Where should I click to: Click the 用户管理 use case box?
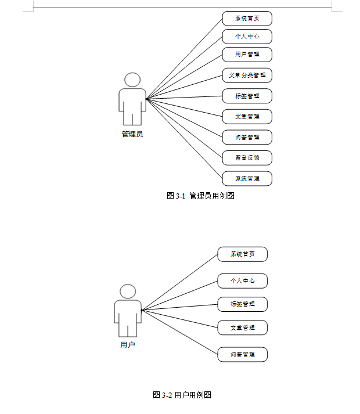(247, 55)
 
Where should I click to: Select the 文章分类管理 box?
(247, 75)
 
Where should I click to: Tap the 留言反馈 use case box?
(247, 157)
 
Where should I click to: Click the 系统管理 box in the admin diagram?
(247, 178)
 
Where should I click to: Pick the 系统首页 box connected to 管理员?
(247, 19)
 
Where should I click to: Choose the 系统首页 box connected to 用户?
(242, 254)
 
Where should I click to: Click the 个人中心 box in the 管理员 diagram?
(247, 37)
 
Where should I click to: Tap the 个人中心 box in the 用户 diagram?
(242, 281)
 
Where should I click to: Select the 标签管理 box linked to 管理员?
(247, 96)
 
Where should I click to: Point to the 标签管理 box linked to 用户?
(242, 304)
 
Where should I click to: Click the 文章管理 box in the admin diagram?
(247, 116)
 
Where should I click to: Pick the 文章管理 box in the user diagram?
(242, 327)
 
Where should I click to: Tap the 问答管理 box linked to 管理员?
(247, 137)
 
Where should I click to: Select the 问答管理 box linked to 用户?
(242, 354)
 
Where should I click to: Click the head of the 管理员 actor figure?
(132, 80)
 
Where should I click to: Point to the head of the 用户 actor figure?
(128, 291)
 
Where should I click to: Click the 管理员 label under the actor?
(132, 134)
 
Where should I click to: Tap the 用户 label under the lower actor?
(128, 345)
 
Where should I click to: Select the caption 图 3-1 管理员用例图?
(200, 196)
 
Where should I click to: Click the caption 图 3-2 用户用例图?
(182, 395)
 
